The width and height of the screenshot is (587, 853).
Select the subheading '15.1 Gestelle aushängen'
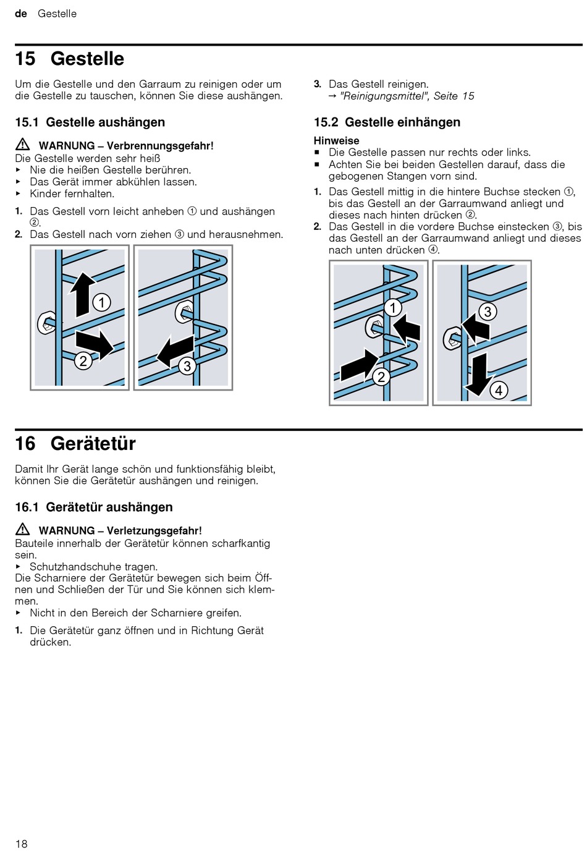[90, 122]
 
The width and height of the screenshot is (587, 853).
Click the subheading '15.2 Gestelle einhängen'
[387, 122]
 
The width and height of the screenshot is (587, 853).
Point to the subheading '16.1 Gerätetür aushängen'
[94, 507]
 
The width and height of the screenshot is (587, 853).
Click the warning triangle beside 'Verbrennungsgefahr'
[23, 145]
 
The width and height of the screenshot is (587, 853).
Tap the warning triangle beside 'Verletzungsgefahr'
[23, 529]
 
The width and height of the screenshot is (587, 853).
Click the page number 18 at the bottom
[22, 844]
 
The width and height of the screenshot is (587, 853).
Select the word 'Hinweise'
[336, 140]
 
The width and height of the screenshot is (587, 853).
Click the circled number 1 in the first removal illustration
[101, 302]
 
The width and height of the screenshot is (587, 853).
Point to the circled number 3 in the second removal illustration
[187, 367]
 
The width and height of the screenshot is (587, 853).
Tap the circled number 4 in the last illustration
[499, 390]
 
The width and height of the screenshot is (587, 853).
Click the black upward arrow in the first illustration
[82, 294]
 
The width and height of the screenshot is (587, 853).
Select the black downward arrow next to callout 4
[478, 373]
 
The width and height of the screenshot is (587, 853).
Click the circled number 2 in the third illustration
[382, 376]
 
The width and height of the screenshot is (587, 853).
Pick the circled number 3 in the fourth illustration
[488, 312]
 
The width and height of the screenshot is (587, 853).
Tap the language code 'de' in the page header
[21, 14]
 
